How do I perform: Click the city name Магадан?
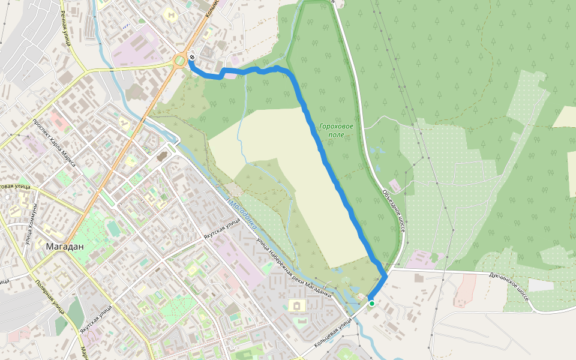[65, 246]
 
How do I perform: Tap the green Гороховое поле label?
[336, 130]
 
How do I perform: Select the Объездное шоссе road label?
[393, 210]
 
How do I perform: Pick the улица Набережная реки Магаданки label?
[294, 267]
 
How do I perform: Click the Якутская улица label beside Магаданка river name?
[222, 228]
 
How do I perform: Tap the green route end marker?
[372, 304]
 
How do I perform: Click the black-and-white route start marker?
[191, 58]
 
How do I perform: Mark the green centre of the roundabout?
[179, 61]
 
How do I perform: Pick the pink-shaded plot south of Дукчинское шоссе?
[465, 291]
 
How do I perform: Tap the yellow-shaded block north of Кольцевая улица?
[296, 306]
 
